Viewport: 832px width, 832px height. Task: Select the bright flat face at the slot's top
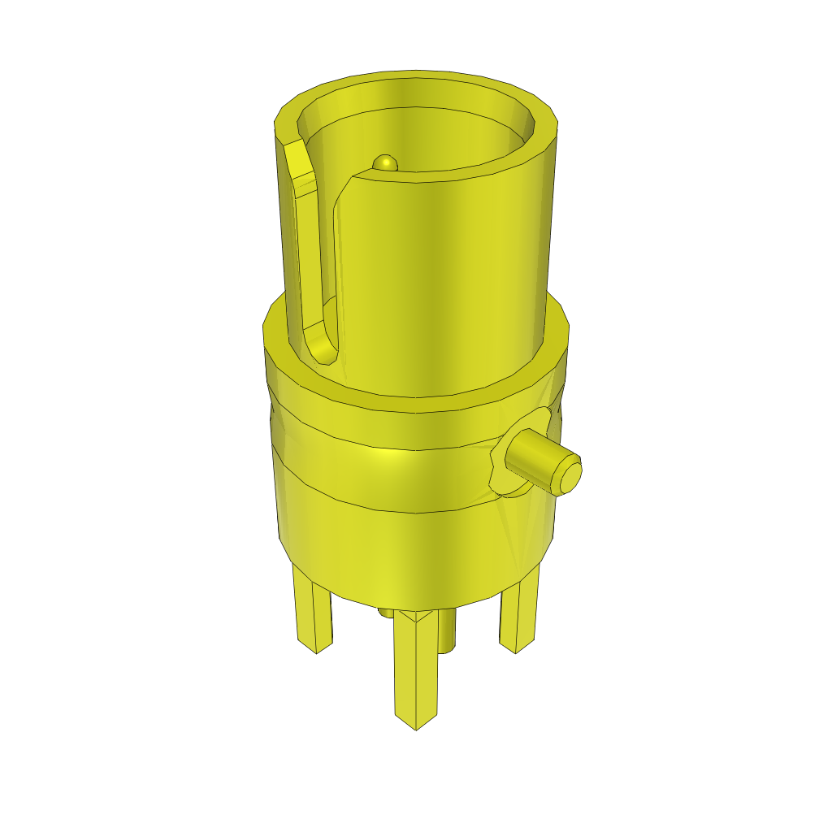300,167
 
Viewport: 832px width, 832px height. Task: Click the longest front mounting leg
417,666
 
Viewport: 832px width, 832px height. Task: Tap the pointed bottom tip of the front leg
416,726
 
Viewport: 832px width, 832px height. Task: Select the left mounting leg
313,613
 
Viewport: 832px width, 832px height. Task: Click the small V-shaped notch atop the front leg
416,617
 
